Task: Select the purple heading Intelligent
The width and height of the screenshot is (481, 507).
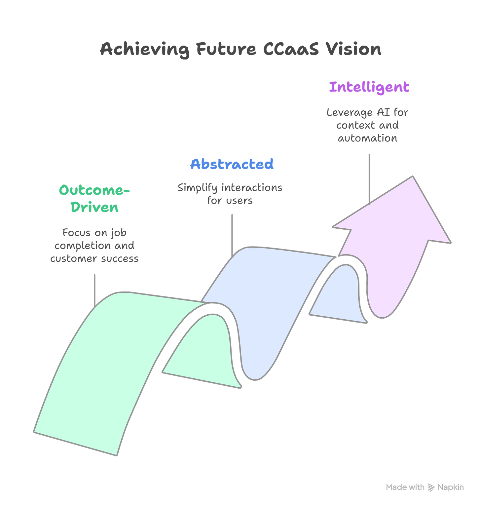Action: click(369, 87)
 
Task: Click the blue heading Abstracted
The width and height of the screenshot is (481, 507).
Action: click(232, 164)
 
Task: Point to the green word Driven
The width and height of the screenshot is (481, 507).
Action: click(94, 208)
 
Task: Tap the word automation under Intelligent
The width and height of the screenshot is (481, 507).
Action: click(367, 138)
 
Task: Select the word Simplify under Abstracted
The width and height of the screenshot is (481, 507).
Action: click(198, 188)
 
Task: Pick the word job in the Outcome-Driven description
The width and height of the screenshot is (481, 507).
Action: click(118, 233)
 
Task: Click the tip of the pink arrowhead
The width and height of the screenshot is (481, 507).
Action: click(413, 176)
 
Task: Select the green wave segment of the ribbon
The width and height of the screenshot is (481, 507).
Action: click(99, 364)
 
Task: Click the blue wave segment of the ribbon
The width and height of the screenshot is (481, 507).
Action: click(264, 297)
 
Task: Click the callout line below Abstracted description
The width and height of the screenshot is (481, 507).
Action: click(232, 233)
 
